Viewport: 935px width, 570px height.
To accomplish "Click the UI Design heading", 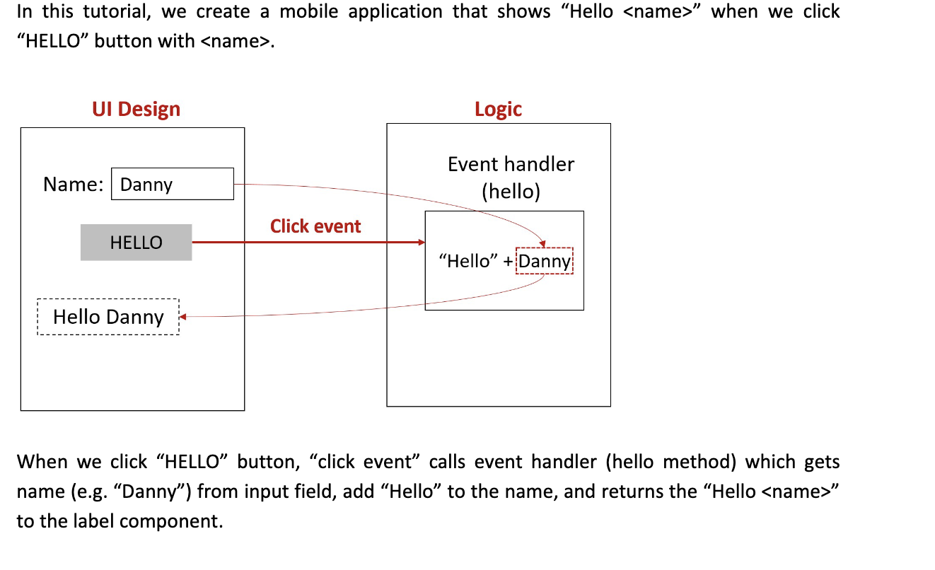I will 136,109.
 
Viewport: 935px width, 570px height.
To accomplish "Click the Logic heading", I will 498,109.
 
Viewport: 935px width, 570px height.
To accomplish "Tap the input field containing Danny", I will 173,184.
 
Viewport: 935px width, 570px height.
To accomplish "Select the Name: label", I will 73,184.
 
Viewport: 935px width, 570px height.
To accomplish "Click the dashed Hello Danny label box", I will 108,317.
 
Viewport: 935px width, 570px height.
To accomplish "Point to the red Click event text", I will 315,226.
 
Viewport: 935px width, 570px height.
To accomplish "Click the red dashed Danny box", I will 545,261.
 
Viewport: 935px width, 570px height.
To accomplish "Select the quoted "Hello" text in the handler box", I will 469,261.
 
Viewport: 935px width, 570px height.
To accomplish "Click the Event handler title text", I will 511,164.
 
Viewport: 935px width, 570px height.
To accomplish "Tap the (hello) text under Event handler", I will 511,192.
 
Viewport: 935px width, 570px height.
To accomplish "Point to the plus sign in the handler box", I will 508,261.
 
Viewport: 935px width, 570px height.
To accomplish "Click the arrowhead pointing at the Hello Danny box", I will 183,317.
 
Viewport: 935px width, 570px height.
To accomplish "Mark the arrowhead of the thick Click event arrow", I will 422,243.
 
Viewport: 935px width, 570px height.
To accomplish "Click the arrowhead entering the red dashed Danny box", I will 543,245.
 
